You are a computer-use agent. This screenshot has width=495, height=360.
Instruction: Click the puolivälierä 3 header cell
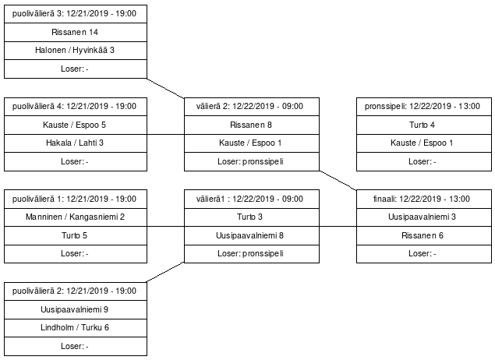pos(76,14)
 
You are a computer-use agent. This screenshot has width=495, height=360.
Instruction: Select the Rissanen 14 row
pos(76,32)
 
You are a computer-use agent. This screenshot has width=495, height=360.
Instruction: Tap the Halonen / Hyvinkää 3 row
pos(76,51)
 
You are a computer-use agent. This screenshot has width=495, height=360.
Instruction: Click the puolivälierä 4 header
pos(76,107)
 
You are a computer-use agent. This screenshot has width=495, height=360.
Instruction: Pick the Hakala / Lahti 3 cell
pos(76,143)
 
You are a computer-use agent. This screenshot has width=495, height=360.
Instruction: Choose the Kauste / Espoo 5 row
pos(76,125)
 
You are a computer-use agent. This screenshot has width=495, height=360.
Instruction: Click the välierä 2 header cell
pos(252,107)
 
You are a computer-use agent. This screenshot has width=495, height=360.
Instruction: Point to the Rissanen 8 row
pos(252,125)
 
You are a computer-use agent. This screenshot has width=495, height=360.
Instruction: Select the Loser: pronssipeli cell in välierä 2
pos(252,161)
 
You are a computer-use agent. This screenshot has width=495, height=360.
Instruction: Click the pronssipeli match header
pos(424,107)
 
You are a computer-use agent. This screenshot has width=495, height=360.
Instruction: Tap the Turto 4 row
pos(424,125)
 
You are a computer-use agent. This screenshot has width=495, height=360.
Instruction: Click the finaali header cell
pos(424,199)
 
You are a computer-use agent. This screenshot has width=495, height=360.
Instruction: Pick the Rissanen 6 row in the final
pos(424,235)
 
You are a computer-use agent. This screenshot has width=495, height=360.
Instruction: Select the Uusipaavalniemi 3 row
pos(424,217)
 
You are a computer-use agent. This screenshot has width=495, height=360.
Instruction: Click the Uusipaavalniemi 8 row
pos(252,235)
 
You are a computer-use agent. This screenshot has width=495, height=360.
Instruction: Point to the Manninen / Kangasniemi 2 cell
pos(76,217)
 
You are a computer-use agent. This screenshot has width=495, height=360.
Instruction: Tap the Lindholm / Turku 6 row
pos(76,328)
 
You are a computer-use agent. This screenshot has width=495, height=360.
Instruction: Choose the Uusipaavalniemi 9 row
pos(76,309)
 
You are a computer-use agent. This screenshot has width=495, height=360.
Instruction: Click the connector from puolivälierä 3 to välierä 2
pos(165,88)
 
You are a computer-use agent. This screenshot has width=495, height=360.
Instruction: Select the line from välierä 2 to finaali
pos(338,181)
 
